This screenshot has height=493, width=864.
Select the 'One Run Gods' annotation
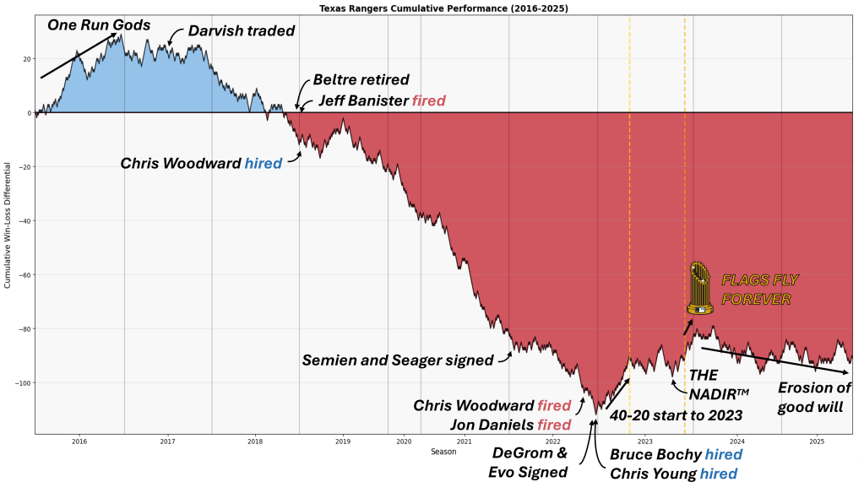(99, 24)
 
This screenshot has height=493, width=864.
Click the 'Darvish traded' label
(241, 31)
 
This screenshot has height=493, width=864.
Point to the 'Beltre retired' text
(361, 80)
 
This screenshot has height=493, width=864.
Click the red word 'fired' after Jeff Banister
(428, 101)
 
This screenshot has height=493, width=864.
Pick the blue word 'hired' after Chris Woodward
(263, 163)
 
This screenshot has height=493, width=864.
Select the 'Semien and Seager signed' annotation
(398, 360)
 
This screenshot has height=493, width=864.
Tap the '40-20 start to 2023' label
(675, 415)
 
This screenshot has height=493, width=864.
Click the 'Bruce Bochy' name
(654, 455)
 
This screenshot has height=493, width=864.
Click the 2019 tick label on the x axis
(342, 442)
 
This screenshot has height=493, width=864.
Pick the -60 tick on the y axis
(21, 275)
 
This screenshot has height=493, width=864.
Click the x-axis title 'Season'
(443, 452)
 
